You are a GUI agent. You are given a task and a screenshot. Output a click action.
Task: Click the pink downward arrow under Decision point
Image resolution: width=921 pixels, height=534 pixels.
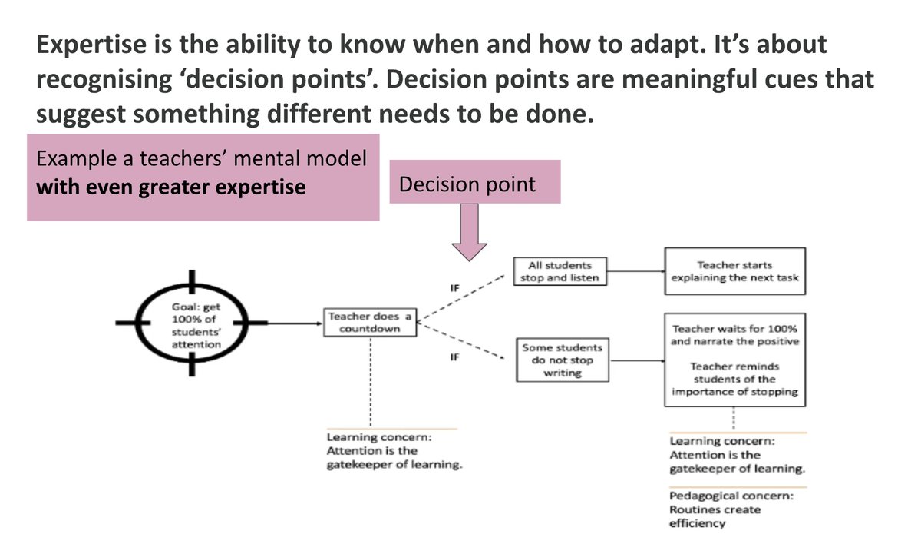click(x=468, y=234)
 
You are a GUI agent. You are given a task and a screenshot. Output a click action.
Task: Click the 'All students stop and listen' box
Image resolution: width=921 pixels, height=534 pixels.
click(x=557, y=272)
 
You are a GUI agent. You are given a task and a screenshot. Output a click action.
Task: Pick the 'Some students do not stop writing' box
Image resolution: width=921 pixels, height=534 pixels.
click(x=563, y=360)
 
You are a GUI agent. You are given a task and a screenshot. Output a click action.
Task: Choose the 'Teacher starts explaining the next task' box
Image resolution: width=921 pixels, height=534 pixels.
click(x=735, y=271)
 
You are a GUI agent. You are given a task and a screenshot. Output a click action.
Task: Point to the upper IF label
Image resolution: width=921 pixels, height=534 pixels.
click(x=454, y=289)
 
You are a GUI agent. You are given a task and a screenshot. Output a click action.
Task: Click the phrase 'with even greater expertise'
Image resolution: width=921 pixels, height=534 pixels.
click(x=171, y=187)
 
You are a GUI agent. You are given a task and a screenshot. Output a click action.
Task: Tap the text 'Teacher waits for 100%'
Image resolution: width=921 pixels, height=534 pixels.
click(x=734, y=328)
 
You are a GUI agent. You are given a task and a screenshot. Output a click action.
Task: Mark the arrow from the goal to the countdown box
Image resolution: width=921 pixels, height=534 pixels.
click(x=295, y=323)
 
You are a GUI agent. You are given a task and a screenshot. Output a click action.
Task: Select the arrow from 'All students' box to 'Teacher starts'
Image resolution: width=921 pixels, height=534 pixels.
click(x=633, y=271)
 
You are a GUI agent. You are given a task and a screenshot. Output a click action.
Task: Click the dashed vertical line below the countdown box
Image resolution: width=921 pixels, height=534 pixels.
click(x=371, y=380)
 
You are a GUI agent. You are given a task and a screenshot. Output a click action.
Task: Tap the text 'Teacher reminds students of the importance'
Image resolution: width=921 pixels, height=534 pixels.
click(x=734, y=379)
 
